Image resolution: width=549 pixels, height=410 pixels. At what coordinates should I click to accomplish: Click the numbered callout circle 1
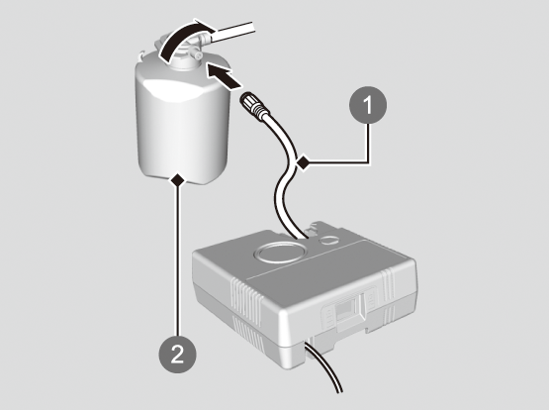click(368, 105)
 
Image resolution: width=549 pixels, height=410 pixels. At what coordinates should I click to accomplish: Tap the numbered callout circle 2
click(177, 354)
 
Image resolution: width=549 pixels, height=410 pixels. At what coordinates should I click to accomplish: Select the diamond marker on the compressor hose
click(304, 162)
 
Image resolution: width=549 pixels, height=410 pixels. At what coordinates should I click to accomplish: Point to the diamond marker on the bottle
click(178, 180)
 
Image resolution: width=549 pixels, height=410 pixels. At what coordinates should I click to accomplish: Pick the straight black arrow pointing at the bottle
click(223, 74)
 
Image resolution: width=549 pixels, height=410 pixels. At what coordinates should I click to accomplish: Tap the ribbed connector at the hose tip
click(253, 104)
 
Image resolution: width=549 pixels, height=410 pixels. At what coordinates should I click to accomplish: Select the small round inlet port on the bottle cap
click(198, 56)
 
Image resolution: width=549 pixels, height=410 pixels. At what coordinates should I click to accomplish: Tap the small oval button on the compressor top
click(329, 240)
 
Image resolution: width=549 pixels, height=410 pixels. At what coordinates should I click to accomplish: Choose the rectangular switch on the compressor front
click(346, 308)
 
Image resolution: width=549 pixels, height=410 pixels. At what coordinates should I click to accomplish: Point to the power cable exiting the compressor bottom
click(323, 368)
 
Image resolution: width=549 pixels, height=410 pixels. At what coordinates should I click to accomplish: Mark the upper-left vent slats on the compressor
click(247, 301)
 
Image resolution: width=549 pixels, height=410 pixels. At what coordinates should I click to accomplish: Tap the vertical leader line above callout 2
click(178, 261)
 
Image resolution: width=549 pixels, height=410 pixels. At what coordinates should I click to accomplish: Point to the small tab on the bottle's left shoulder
click(141, 55)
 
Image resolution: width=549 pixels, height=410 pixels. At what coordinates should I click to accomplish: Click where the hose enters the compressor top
click(301, 237)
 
